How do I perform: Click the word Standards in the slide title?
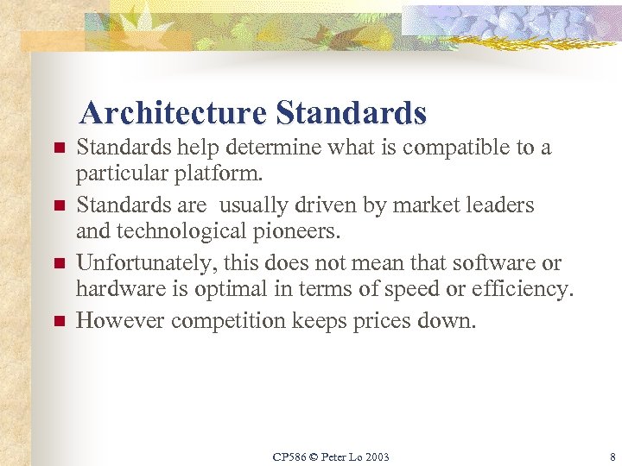[352, 113]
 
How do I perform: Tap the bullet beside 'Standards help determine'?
[60, 149]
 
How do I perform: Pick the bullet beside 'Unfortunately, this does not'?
[60, 264]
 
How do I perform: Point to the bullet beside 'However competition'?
[60, 322]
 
